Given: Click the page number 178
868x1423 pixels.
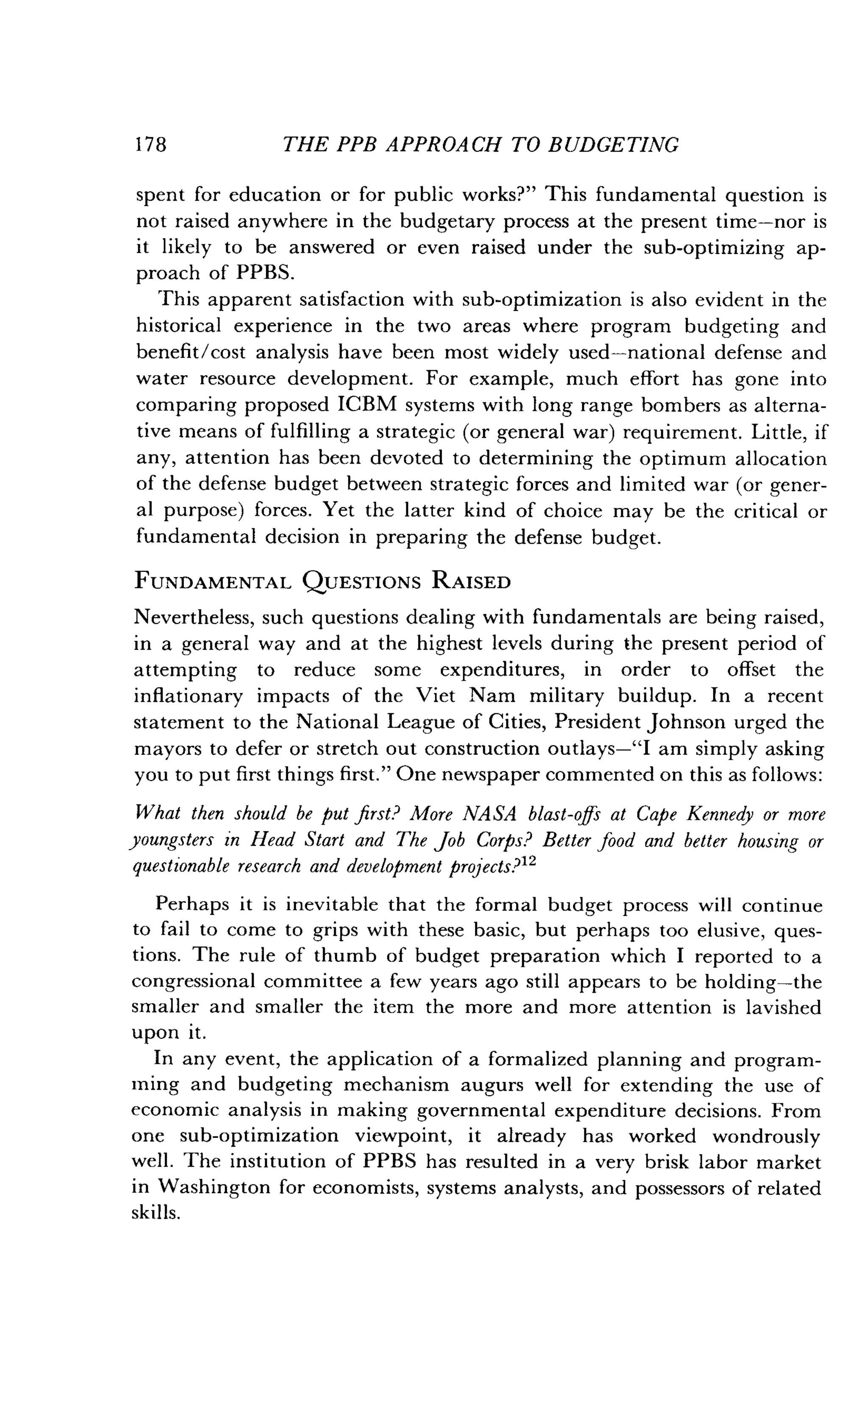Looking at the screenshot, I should [151, 144].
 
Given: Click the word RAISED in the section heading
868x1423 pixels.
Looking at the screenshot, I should [470, 581].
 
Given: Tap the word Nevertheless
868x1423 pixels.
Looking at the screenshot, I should [194, 617].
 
